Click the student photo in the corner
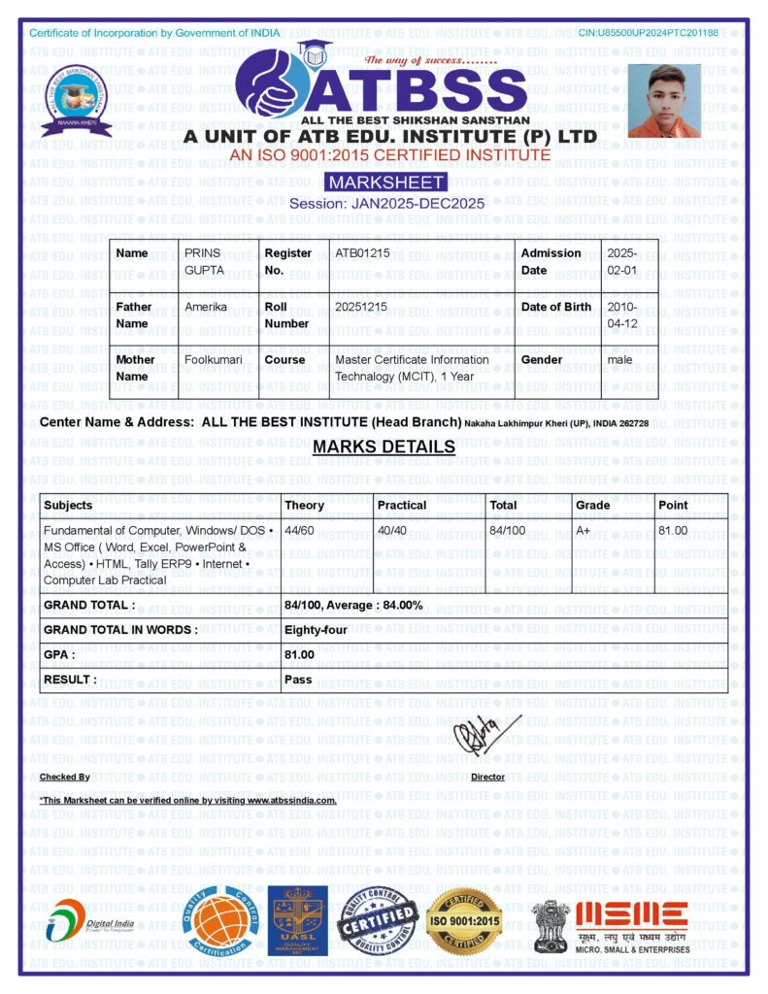pyautogui.click(x=664, y=100)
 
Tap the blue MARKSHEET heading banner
pyautogui.click(x=385, y=182)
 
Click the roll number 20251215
pyautogui.click(x=361, y=307)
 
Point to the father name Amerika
pyautogui.click(x=206, y=307)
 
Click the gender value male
pyautogui.click(x=619, y=360)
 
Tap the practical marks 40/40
pyautogui.click(x=392, y=531)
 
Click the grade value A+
pyautogui.click(x=584, y=531)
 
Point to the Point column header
pyautogui.click(x=673, y=505)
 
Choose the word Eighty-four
pyautogui.click(x=316, y=630)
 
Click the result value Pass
pyautogui.click(x=298, y=679)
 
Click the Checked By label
pyautogui.click(x=64, y=777)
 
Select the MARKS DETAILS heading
pyautogui.click(x=384, y=447)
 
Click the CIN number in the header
pyautogui.click(x=648, y=33)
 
